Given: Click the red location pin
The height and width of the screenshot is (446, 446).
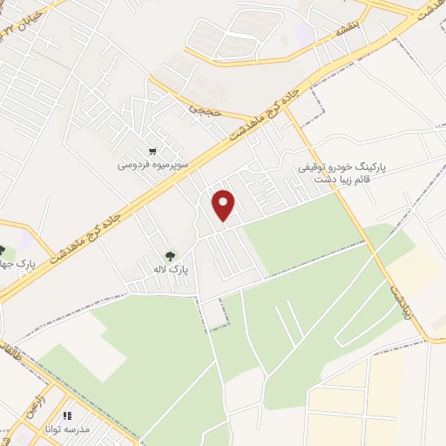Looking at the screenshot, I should click(x=225, y=204).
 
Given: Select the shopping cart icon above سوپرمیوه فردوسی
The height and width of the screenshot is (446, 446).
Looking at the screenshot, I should click(x=153, y=149).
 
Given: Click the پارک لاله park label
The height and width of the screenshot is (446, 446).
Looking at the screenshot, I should click(x=170, y=271).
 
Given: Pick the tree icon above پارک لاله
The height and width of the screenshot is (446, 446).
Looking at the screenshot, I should click(x=171, y=256).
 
